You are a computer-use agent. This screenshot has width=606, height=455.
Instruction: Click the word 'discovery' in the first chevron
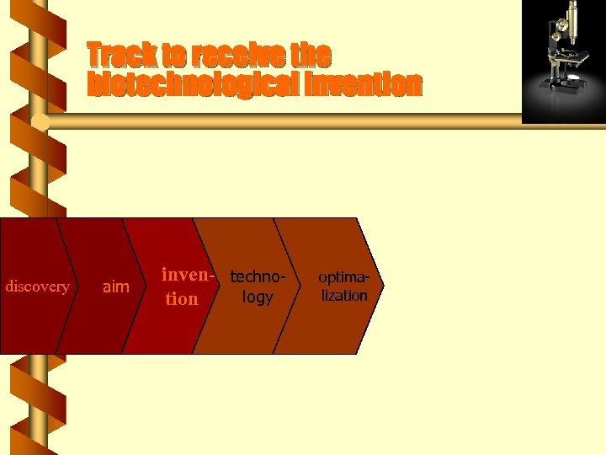(37, 286)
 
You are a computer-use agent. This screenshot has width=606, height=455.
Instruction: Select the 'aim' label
(115, 287)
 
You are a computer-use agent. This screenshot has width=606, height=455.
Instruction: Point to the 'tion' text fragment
(182, 299)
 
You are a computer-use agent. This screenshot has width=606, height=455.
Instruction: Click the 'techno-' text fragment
(258, 276)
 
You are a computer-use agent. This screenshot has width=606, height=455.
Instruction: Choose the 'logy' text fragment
(258, 297)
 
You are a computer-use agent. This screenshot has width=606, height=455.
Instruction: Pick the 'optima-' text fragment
(343, 276)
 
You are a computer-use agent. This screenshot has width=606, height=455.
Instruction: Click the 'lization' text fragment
(343, 296)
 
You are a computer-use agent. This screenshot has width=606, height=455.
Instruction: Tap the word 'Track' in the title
(122, 56)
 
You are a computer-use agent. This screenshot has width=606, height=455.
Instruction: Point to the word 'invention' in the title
(365, 85)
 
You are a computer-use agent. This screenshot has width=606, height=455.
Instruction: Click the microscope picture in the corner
(563, 62)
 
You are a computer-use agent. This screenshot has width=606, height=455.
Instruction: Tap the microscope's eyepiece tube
(572, 20)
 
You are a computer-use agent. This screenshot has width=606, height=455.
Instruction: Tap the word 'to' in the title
(175, 56)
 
